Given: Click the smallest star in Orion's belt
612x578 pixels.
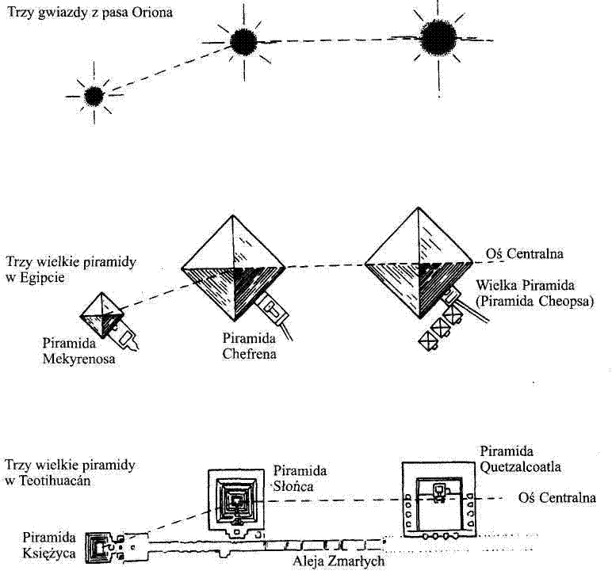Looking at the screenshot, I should click(x=94, y=96).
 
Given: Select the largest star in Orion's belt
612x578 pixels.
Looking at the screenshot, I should click(x=438, y=36).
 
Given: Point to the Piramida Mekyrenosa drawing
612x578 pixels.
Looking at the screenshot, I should click(x=104, y=315).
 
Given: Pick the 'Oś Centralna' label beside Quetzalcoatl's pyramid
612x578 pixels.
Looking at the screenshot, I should click(x=557, y=498).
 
